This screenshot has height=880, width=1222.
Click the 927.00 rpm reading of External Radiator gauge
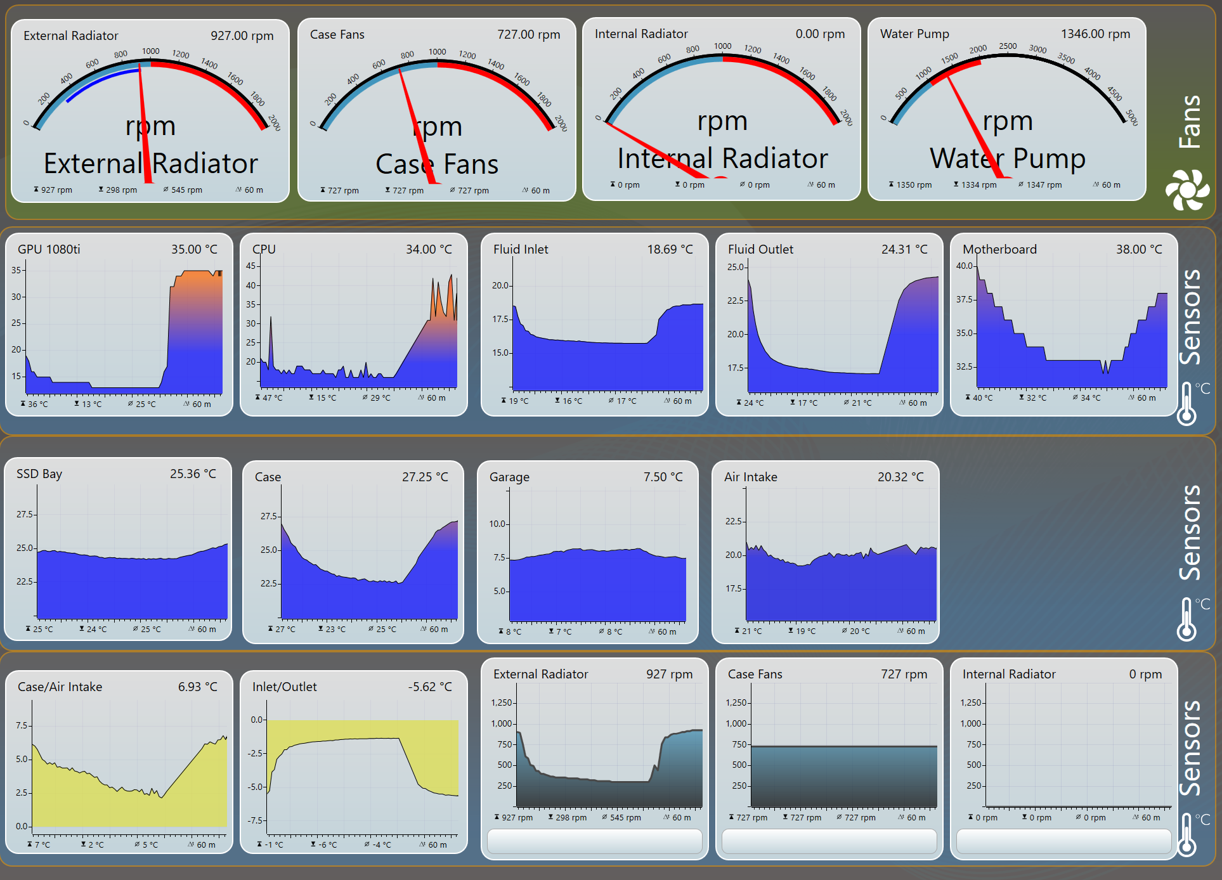pyautogui.click(x=242, y=36)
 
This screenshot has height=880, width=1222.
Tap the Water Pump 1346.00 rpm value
pyautogui.click(x=1095, y=34)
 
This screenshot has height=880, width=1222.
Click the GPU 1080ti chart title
pyautogui.click(x=49, y=250)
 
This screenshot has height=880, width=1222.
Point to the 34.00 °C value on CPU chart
pyautogui.click(x=429, y=250)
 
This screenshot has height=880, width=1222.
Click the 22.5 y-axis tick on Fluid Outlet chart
pyautogui.click(x=736, y=301)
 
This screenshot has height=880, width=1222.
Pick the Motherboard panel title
pyautogui.click(x=999, y=250)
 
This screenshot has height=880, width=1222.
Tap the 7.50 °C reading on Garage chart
pyautogui.click(x=663, y=477)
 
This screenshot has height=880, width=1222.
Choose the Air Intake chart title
pyautogui.click(x=750, y=477)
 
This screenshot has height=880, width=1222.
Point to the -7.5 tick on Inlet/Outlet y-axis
pyautogui.click(x=256, y=820)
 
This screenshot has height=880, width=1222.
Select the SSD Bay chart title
pyautogui.click(x=39, y=474)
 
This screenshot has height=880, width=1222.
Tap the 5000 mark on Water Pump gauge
pyautogui.click(x=1132, y=117)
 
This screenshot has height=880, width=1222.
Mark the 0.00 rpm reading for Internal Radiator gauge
pyautogui.click(x=820, y=34)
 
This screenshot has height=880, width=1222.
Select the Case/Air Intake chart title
pyautogui.click(x=60, y=687)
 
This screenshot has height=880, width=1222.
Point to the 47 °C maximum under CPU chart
pyautogui.click(x=273, y=398)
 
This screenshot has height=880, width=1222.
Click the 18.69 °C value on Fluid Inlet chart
pyautogui.click(x=670, y=250)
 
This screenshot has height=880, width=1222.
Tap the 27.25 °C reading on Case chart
pyautogui.click(x=425, y=477)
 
